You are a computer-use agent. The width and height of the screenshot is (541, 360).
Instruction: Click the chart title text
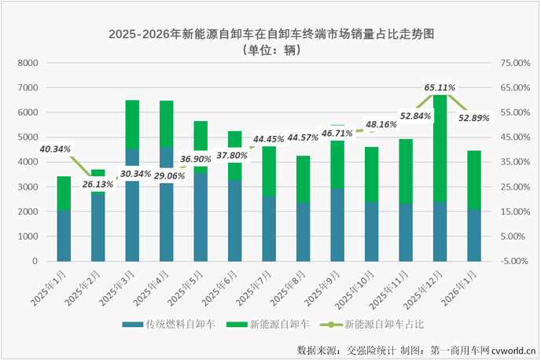click(271, 35)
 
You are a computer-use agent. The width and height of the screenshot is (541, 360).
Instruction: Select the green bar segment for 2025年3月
click(133, 124)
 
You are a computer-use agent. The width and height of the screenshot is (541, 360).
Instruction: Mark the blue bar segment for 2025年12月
click(440, 232)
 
